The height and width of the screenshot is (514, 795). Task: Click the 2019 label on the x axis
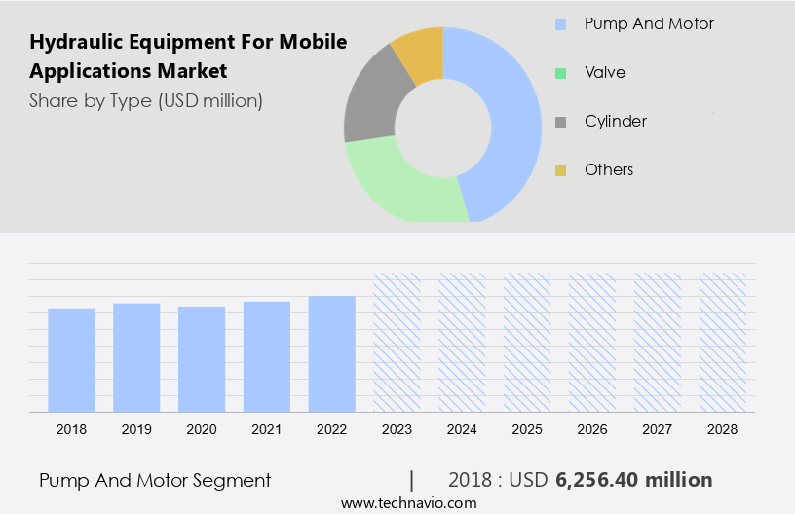(136, 428)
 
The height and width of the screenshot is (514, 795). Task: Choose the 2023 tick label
(397, 428)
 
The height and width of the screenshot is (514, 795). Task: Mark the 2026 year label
(592, 428)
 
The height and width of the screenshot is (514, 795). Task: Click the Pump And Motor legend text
(649, 23)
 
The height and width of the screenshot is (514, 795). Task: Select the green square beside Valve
(561, 73)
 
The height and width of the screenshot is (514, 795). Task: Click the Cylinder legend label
(615, 122)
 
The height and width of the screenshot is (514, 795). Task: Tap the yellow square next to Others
(561, 170)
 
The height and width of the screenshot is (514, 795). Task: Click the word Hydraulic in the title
(75, 43)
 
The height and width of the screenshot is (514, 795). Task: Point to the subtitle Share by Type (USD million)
(145, 100)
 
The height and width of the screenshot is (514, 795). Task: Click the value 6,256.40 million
(633, 480)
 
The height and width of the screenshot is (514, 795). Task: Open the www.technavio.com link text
(408, 503)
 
